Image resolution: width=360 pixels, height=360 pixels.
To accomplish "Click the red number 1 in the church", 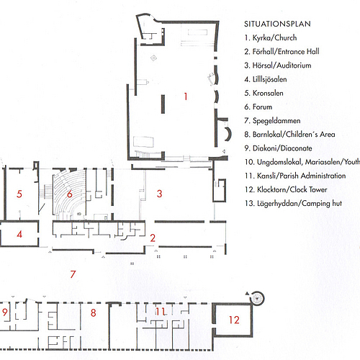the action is pos(186,96).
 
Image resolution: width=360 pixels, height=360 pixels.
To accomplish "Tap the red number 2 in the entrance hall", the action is pos(153,238).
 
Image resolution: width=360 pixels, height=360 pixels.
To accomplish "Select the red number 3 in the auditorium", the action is pos(159,194).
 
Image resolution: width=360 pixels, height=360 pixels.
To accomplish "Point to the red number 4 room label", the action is pos(19,234).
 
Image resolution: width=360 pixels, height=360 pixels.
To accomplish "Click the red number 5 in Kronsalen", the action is pos(19,194).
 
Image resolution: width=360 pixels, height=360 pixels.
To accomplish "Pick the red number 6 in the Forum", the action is pos(70,194).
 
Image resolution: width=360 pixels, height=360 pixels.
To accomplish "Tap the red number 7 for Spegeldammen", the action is pos(73,274).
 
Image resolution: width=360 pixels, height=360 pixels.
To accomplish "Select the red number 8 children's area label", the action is pos(94,312).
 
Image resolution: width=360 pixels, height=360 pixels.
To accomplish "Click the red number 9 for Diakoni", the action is pos(5,312).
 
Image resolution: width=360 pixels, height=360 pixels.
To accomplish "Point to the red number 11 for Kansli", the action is pos(160,312).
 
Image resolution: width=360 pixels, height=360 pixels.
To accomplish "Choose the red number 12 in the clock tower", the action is pos(234,320).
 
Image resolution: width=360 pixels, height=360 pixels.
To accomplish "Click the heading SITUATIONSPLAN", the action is pos(277,24).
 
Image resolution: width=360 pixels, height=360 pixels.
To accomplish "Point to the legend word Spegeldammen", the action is pos(276,121).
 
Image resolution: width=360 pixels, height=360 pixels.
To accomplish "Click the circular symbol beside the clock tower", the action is pos(257,298).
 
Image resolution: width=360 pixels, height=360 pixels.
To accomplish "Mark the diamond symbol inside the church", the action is pos(153,58).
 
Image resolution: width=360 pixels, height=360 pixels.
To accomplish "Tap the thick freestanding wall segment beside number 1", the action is pos(163,104).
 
